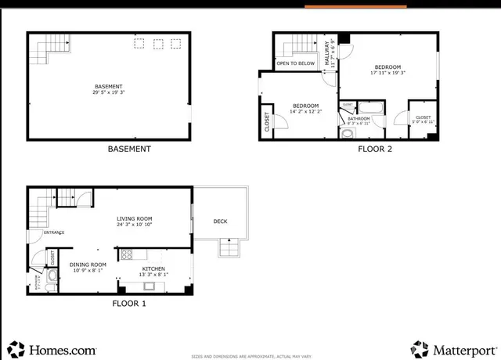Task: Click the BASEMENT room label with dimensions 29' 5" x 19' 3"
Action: [109, 88]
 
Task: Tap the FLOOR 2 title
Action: [376, 149]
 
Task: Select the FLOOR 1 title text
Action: [129, 303]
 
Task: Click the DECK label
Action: [221, 221]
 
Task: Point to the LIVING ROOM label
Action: [135, 221]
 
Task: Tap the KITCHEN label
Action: [153, 271]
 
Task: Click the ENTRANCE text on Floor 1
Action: [54, 232]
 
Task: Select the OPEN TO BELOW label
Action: [296, 63]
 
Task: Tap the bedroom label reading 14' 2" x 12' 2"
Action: [305, 109]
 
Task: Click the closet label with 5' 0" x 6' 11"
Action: [423, 119]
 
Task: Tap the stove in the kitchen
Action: [127, 254]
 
